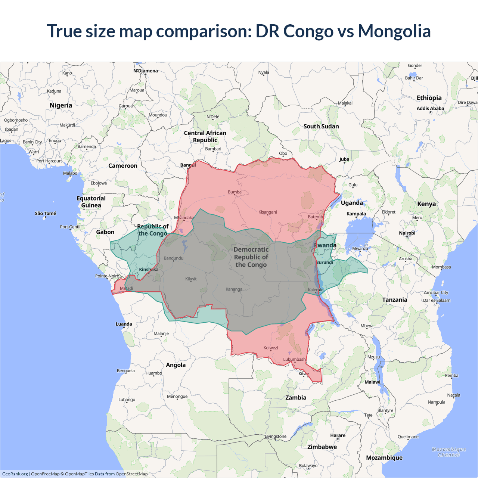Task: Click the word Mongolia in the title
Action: (x=394, y=31)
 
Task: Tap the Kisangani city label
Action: (x=267, y=212)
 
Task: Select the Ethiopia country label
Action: (x=429, y=98)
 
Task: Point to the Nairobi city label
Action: (x=407, y=233)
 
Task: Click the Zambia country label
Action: (x=296, y=398)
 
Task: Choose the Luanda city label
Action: (x=124, y=324)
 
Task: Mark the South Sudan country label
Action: (x=321, y=126)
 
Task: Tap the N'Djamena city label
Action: (x=146, y=71)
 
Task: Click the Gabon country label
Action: (x=105, y=232)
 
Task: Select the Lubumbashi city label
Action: (x=294, y=360)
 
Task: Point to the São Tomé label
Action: (x=46, y=214)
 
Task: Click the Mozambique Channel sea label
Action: (x=449, y=452)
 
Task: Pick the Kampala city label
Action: (x=356, y=214)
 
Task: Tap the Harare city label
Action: (x=338, y=435)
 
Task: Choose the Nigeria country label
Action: (x=61, y=105)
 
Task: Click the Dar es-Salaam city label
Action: (x=437, y=300)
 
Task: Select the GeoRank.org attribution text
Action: (x=15, y=474)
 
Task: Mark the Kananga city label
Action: (x=234, y=289)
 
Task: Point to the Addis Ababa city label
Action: (x=430, y=109)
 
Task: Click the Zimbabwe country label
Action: (x=322, y=447)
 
